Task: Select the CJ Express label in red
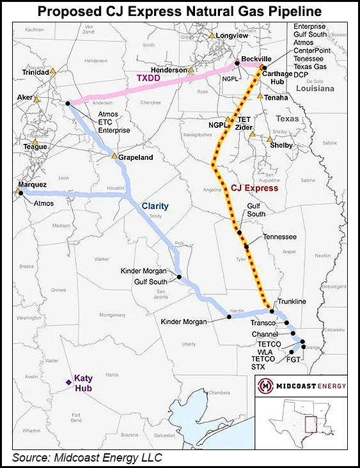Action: pos(254,188)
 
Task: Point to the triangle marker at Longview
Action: pos(212,36)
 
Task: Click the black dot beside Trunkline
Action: pos(272,311)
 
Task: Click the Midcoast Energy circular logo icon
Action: pos(265,385)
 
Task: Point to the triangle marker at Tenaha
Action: pos(260,97)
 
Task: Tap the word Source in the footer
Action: pos(32,457)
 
